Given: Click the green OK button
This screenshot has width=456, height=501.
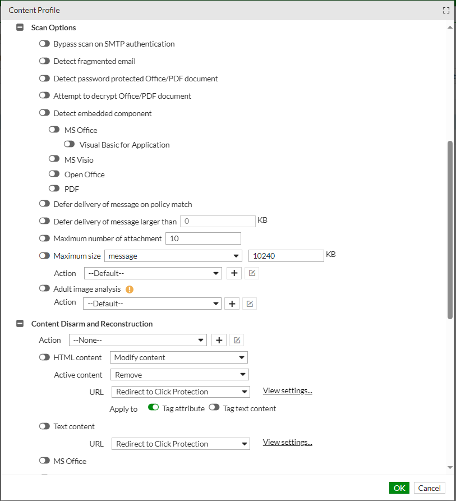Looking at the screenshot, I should click(399, 488).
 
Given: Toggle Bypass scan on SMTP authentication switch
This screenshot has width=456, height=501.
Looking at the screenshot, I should click(44, 44).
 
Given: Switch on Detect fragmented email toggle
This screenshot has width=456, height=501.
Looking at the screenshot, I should click(44, 61).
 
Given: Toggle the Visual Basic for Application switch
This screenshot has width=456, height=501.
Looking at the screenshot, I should click(70, 145).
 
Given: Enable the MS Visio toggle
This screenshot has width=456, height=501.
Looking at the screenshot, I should click(54, 159).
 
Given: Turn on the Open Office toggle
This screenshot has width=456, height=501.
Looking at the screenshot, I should click(54, 174).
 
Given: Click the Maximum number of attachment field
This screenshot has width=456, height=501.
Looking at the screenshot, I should click(203, 238).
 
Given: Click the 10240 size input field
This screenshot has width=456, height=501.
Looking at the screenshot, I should click(286, 256).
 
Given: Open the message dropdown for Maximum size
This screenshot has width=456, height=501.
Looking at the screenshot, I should click(173, 256).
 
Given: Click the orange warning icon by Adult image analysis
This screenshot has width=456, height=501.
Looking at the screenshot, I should click(130, 289).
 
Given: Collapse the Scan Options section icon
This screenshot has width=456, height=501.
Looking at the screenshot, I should click(20, 27).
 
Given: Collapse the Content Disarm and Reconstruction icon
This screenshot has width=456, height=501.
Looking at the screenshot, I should click(20, 324).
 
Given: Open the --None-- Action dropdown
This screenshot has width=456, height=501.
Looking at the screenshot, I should click(138, 340).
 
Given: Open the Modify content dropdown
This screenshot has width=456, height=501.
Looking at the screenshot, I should click(179, 357).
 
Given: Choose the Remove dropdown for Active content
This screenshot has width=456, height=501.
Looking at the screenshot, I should click(179, 375).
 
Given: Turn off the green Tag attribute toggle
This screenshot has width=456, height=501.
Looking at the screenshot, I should click(153, 408).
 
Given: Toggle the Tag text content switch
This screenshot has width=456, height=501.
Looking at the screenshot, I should click(214, 408).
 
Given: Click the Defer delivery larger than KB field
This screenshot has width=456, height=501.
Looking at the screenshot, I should click(218, 222).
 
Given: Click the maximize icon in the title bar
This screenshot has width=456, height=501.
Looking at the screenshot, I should click(446, 10).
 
